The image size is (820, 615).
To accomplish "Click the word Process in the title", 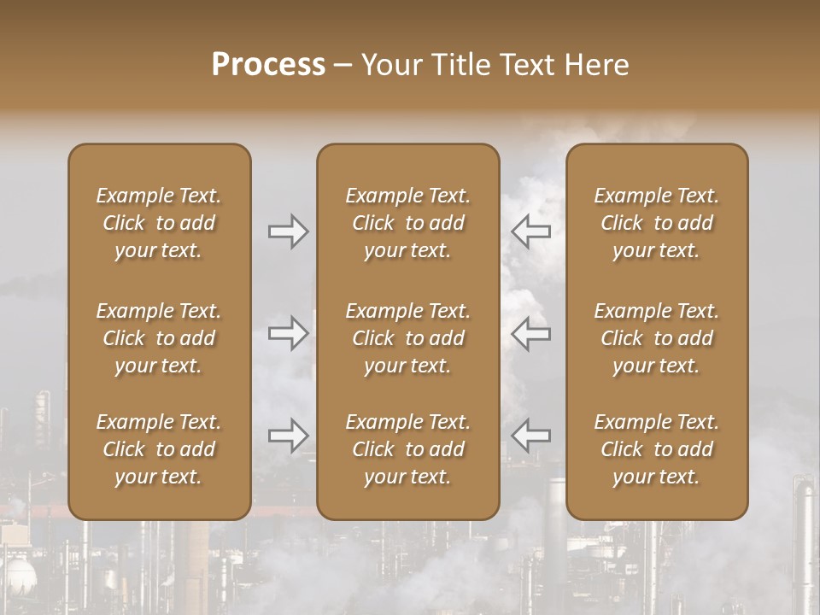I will (x=268, y=65).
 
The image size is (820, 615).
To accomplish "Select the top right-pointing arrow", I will (x=288, y=231).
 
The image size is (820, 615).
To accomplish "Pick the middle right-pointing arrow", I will (x=288, y=333).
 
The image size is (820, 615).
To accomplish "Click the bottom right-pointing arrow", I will (x=288, y=436).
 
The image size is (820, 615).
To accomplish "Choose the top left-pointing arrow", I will (x=530, y=231).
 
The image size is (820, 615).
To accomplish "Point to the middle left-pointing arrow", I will (x=530, y=333).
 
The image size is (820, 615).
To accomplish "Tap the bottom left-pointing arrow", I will (x=530, y=436).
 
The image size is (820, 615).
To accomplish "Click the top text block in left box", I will (x=159, y=223).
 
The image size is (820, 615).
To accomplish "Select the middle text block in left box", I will (x=159, y=338).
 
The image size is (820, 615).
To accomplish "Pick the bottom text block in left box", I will (x=159, y=449).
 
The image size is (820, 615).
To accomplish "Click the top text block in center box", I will (x=408, y=223).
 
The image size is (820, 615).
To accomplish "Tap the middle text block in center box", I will (x=408, y=338).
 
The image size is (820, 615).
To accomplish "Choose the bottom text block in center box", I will (x=408, y=449).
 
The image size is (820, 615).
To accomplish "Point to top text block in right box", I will (x=657, y=223).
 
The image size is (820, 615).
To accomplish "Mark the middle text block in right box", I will (x=657, y=338).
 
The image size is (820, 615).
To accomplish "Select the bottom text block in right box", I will (x=657, y=449).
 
